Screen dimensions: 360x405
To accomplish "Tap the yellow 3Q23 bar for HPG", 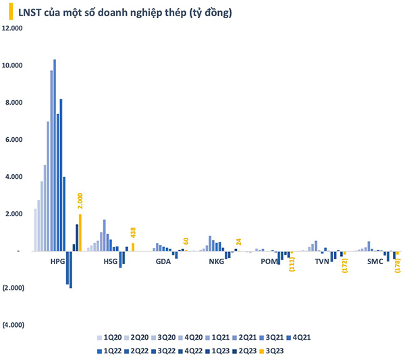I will pyautogui.click(x=80, y=232).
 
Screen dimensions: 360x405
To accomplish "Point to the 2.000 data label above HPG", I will pyautogui.click(x=80, y=202).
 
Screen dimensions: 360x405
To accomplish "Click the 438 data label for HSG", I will pyautogui.click(x=133, y=233).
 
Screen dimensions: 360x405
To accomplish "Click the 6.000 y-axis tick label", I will pyautogui.click(x=15, y=140).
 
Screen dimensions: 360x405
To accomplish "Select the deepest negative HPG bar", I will pyautogui.click(x=71, y=269).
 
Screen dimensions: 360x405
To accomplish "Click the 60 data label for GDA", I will pyautogui.click(x=186, y=242).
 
